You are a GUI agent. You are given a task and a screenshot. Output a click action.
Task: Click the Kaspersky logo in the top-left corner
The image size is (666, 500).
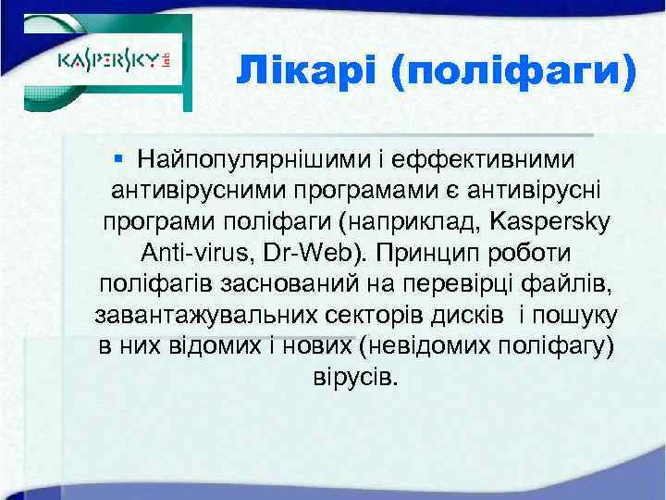115,64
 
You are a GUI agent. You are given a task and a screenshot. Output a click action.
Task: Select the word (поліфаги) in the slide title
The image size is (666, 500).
513,71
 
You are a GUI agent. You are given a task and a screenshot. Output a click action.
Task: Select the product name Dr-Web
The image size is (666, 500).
302,253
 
